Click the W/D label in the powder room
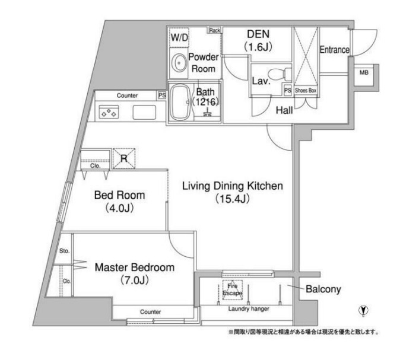[x=179, y=37]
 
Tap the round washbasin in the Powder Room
[x=179, y=63]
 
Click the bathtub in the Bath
[x=180, y=103]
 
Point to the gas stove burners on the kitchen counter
[x=109, y=112]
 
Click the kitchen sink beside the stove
[x=144, y=112]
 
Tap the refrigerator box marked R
[x=124, y=158]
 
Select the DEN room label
[x=258, y=34]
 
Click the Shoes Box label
[x=305, y=90]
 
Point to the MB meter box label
[x=364, y=73]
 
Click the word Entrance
[x=334, y=50]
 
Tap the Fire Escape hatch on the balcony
[x=232, y=289]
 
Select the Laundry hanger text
[x=249, y=308]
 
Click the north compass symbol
[x=363, y=310]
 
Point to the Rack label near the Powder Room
[x=214, y=30]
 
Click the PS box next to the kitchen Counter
[x=162, y=95]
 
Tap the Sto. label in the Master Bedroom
[x=64, y=251]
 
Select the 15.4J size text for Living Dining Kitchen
[x=232, y=199]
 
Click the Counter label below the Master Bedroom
[x=150, y=312]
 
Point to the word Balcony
[x=323, y=289]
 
